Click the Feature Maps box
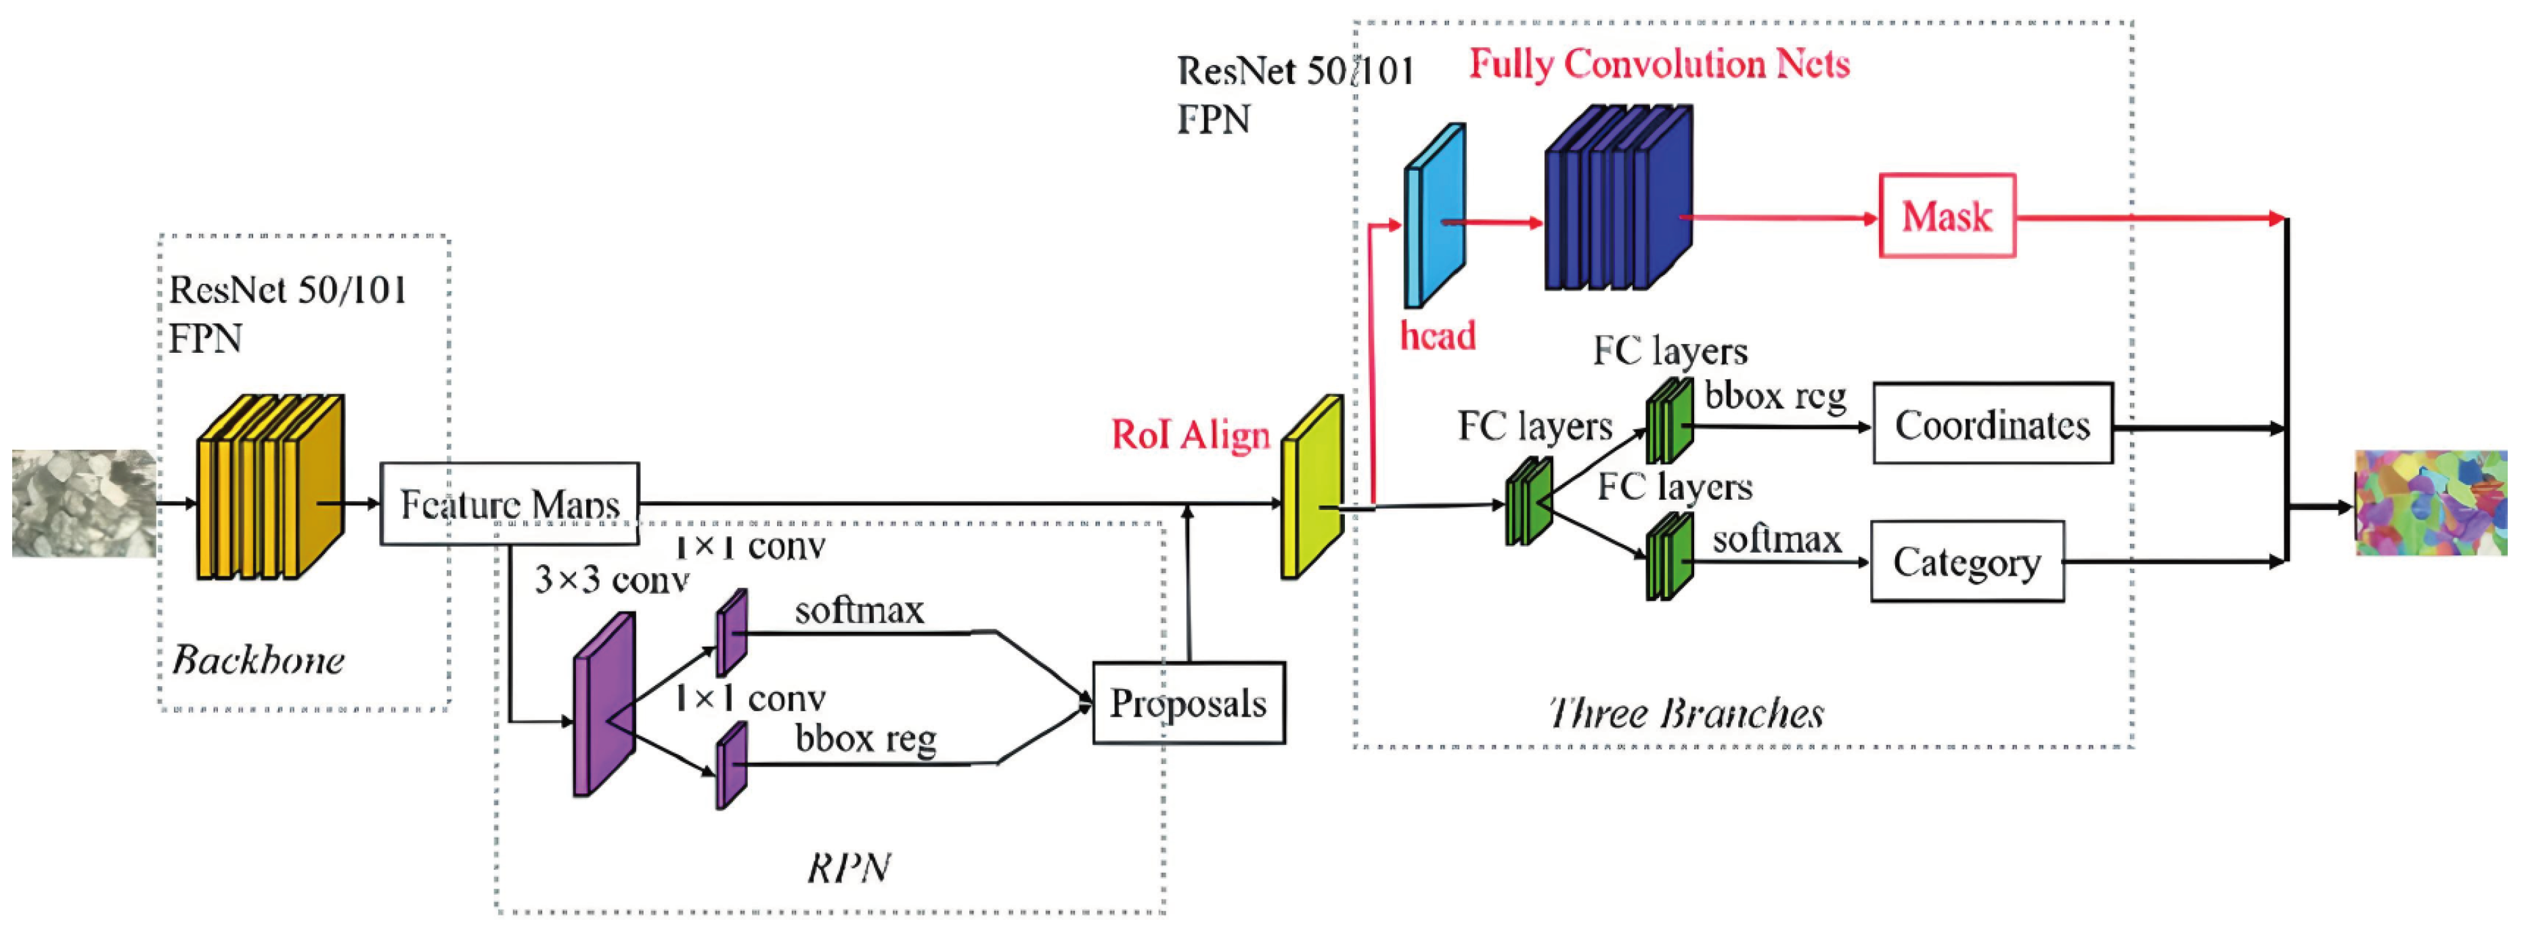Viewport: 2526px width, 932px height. click(509, 503)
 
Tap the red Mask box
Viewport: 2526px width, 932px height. click(1947, 216)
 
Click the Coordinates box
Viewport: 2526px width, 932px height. click(1991, 424)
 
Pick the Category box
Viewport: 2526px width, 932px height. click(1966, 561)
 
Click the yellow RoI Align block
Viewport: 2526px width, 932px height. click(1311, 488)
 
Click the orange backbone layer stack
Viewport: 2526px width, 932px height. click(269, 488)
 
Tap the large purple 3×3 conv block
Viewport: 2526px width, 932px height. click(603, 704)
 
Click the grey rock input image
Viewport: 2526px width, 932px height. click(83, 503)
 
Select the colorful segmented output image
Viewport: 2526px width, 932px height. click(2430, 503)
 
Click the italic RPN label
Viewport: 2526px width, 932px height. click(848, 867)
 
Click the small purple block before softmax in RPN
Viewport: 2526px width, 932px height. click(730, 633)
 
